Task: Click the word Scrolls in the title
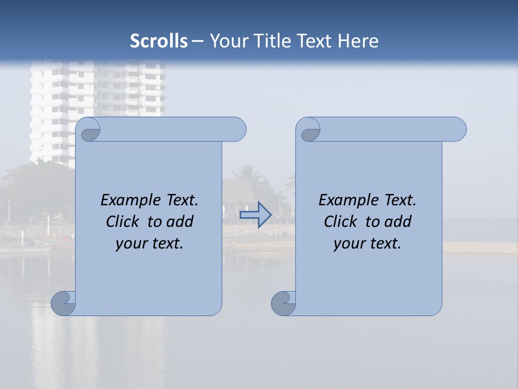point(159,41)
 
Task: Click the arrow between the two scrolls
point(255,214)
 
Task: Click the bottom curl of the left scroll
point(64,303)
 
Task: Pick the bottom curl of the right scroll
point(283,303)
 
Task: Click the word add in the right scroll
point(398,222)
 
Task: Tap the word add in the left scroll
point(180,222)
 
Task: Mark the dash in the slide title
point(198,41)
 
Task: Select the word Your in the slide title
point(227,41)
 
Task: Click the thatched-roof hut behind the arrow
point(237,192)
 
